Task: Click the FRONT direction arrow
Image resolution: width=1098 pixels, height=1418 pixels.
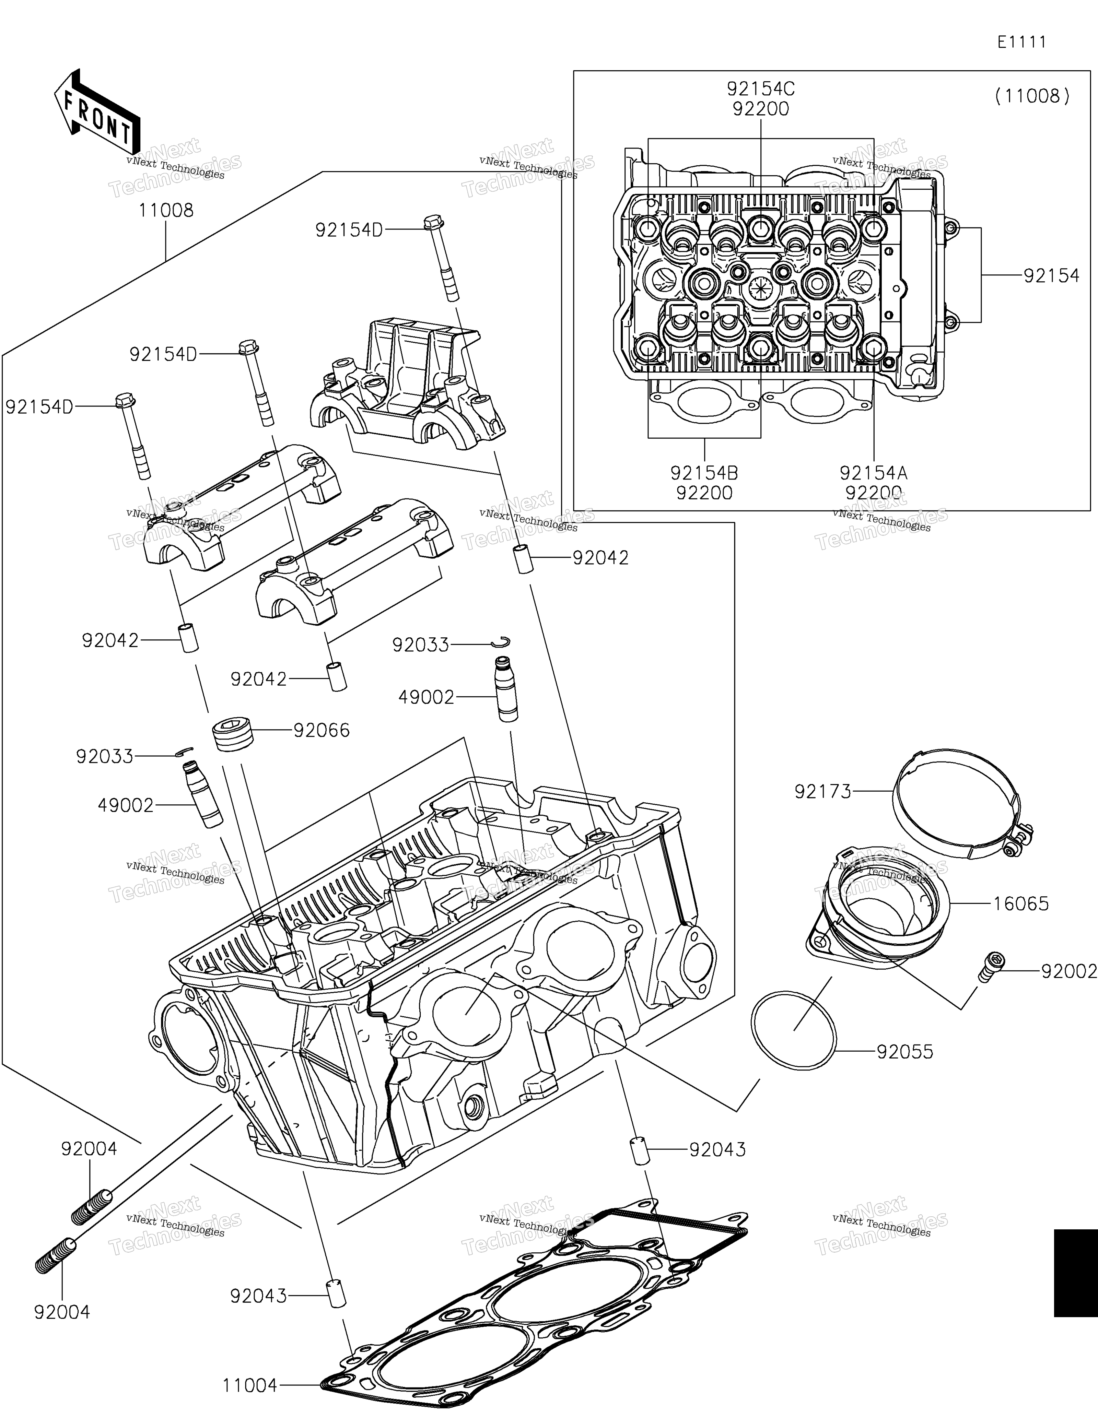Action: click(97, 110)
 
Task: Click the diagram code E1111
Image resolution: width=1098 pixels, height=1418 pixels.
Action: click(1022, 42)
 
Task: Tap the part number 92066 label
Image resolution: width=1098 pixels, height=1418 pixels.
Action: click(322, 730)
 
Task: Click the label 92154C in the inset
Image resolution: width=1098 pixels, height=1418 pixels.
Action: click(761, 88)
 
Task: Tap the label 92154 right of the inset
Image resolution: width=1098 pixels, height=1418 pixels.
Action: click(1051, 275)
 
